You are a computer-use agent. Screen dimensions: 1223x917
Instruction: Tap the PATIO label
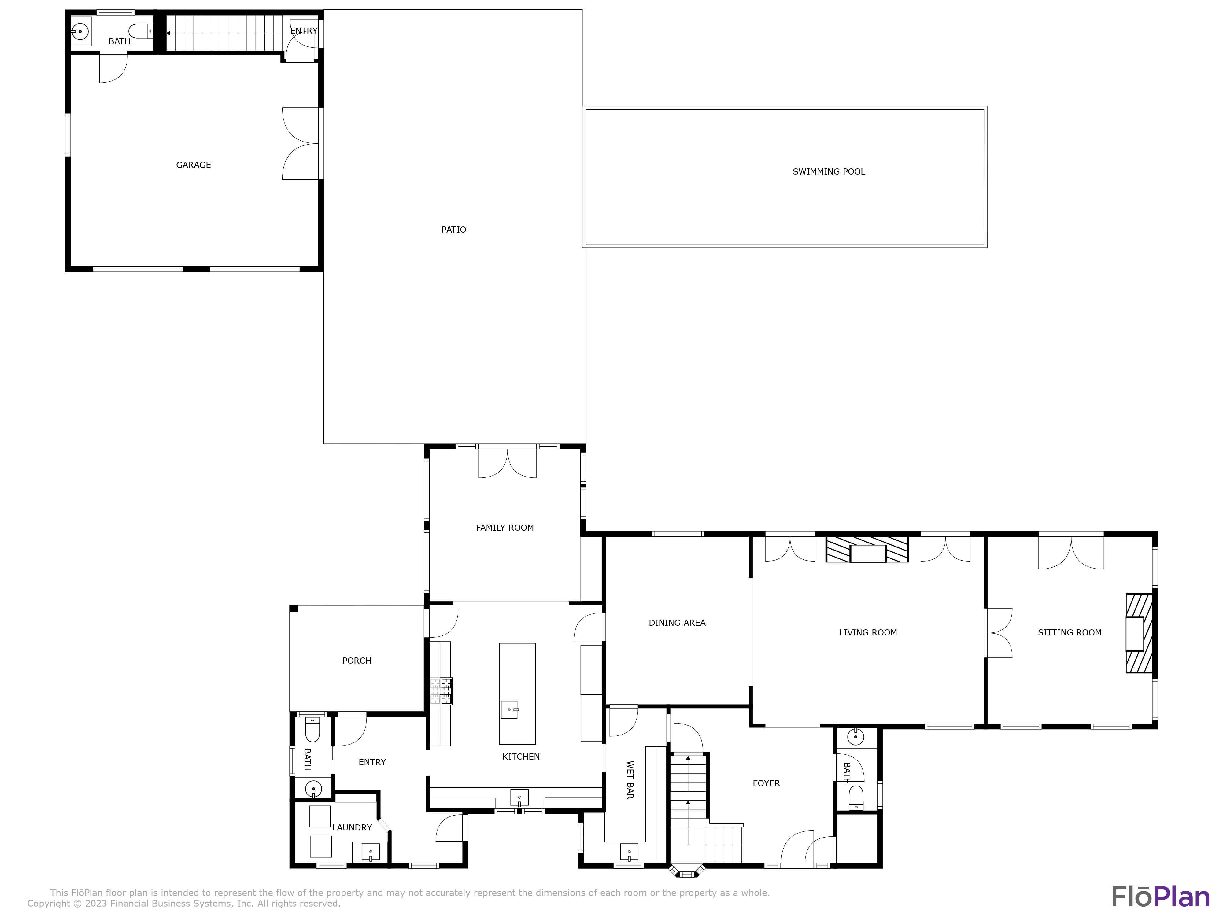tap(453, 230)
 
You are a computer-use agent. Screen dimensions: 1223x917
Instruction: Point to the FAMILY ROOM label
tap(505, 528)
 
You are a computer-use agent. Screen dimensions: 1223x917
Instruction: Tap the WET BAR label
tap(630, 780)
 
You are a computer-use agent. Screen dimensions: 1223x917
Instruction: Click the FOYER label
tap(766, 783)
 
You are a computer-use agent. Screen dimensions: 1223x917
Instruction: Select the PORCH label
tap(357, 661)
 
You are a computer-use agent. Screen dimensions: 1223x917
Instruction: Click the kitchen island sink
tap(509, 709)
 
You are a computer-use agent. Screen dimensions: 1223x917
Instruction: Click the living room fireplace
tap(867, 549)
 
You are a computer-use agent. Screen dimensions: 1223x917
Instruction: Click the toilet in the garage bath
tap(141, 31)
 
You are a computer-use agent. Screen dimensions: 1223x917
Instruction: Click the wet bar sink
tap(629, 852)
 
